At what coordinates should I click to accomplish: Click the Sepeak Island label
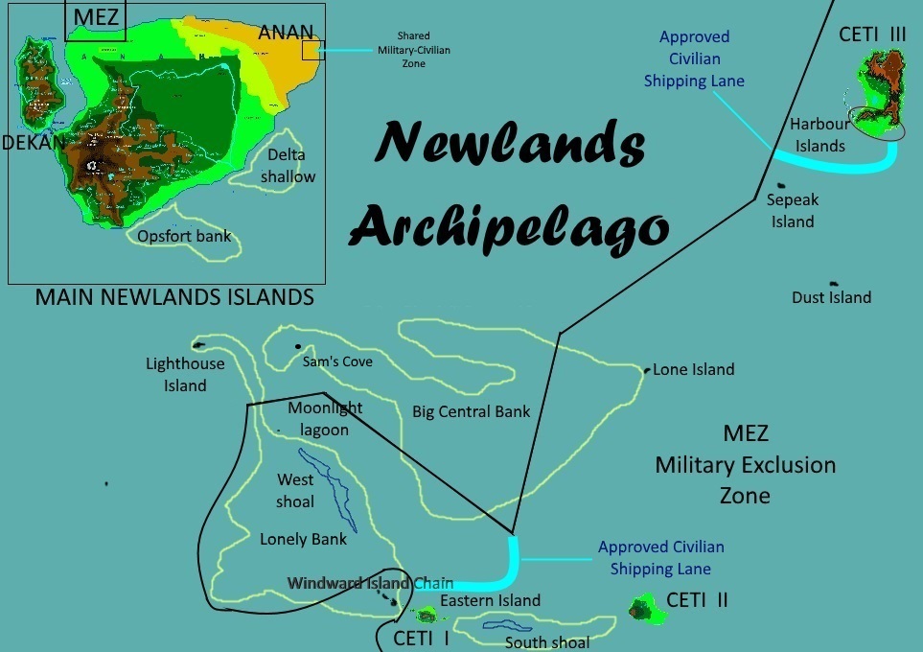791,211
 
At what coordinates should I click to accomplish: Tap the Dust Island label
831,297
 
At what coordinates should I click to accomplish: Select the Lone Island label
694,369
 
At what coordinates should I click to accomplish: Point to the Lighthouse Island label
185,375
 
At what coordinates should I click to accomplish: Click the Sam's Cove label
337,361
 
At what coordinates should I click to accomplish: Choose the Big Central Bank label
472,411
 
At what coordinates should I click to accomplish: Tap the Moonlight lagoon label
325,419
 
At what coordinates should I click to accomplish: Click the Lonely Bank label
303,539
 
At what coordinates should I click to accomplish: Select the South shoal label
547,642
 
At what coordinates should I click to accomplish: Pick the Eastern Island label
490,600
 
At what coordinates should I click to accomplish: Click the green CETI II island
640,608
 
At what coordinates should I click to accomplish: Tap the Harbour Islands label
819,135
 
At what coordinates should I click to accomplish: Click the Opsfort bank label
184,236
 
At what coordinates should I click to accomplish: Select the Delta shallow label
290,165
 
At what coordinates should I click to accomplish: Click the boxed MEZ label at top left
95,18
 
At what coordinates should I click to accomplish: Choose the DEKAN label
33,143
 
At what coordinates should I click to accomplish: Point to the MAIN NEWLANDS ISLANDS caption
174,297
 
